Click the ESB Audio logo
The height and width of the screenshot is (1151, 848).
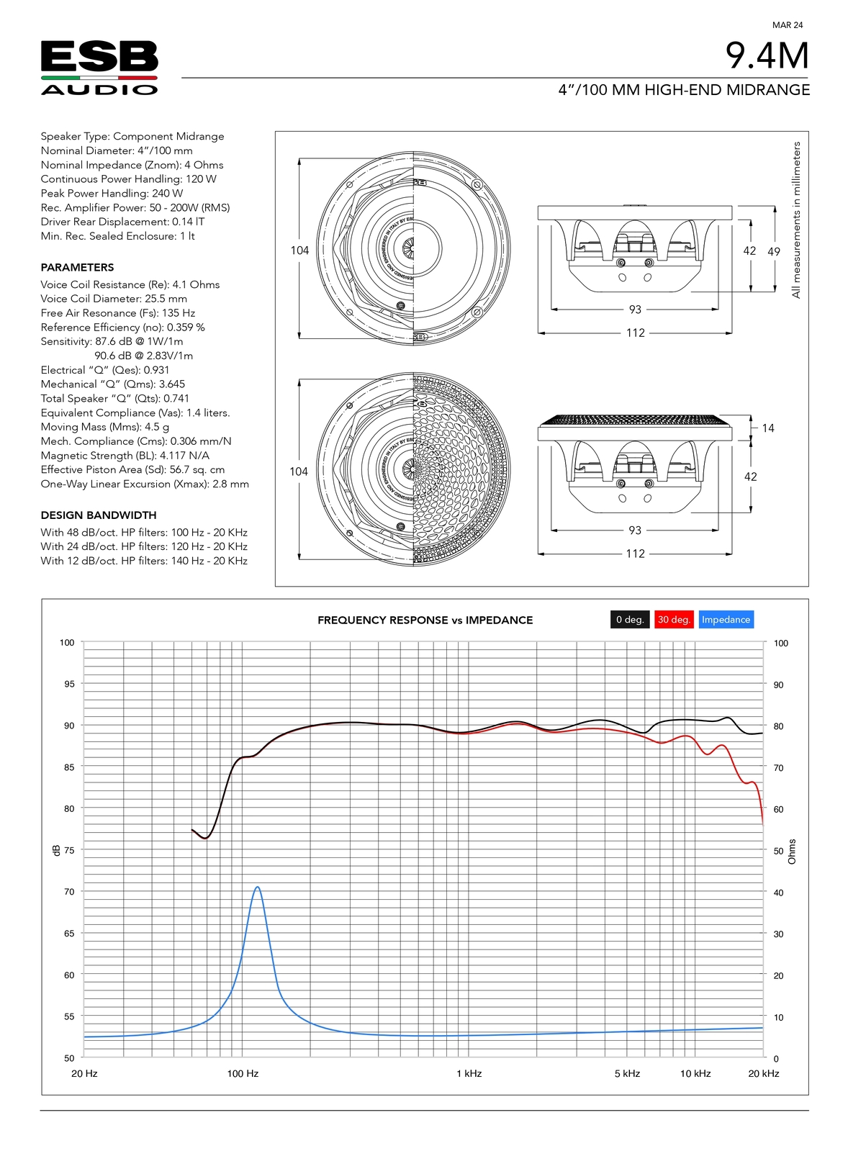click(99, 68)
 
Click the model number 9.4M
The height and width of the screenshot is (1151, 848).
click(767, 55)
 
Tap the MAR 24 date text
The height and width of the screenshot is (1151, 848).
click(787, 25)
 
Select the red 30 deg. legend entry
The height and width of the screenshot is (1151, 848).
click(674, 620)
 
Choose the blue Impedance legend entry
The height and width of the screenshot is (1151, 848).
click(726, 620)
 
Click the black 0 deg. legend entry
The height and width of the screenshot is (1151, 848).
click(630, 620)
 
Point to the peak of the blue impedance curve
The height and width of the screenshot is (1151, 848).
click(257, 888)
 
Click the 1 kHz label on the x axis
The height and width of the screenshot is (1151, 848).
click(469, 1073)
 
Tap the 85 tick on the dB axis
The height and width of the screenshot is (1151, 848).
click(69, 767)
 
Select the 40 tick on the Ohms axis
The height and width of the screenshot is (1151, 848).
click(778, 893)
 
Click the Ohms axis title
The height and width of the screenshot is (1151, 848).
click(792, 852)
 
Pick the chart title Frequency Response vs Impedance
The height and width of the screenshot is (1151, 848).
click(425, 620)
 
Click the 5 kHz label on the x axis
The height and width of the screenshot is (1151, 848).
click(627, 1073)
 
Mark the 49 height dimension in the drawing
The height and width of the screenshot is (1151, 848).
click(774, 251)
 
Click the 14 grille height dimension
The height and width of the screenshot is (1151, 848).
click(768, 428)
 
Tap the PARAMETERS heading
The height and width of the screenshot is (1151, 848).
click(77, 267)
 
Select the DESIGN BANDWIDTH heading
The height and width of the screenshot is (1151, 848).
click(99, 515)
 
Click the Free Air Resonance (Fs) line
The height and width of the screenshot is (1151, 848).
click(118, 313)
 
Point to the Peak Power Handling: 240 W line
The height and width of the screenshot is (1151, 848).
click(112, 193)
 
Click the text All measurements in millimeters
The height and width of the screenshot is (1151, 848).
click(796, 220)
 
